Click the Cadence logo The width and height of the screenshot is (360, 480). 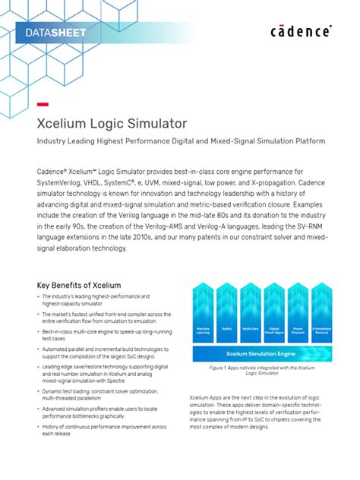tap(301, 31)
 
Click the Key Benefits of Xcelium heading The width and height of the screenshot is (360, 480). tap(80, 285)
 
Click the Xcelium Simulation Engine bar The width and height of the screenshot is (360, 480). tap(261, 353)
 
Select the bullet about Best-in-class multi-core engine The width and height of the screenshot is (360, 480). tap(106, 335)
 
